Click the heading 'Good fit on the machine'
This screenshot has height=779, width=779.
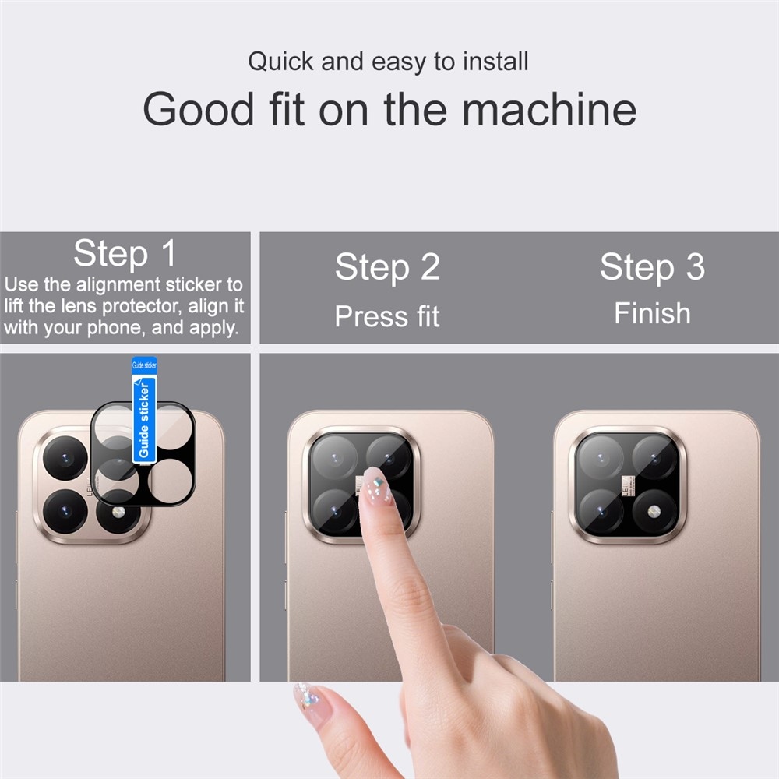[389, 109]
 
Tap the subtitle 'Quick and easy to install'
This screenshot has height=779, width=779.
[388, 62]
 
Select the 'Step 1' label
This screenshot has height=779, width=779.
[125, 254]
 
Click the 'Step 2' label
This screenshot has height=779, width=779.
[387, 268]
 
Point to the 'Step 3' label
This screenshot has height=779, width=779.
[652, 267]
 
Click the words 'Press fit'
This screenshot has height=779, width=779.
[387, 316]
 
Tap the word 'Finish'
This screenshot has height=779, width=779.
[652, 313]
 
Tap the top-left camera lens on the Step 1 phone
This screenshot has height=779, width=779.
[65, 458]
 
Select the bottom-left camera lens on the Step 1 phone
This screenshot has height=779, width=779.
[65, 510]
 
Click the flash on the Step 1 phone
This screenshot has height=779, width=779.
[118, 512]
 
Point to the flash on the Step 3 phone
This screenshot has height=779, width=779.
[653, 513]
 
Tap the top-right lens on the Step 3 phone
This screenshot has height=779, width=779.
[654, 457]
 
